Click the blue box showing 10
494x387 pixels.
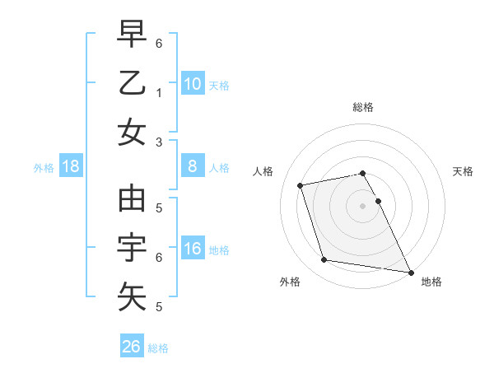[193, 83]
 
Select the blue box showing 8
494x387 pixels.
[193, 166]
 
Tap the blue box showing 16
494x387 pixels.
[193, 249]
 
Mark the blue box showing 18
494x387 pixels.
[71, 166]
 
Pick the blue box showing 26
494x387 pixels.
[132, 347]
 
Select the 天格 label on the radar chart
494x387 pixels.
[463, 171]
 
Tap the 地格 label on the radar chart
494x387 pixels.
[431, 282]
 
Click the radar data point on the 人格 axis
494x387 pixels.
[301, 184]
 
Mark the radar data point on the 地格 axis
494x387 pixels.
[410, 272]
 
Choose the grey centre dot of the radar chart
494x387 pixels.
[363, 205]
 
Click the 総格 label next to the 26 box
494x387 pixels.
[158, 348]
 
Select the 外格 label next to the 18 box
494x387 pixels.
[44, 167]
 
